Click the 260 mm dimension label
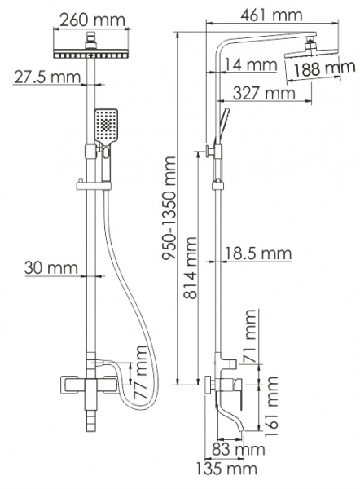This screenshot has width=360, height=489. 93,20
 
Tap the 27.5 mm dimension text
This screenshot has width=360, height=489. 46,77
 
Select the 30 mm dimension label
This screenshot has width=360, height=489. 51,268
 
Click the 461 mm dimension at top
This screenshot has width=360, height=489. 271,15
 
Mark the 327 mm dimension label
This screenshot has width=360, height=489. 264,93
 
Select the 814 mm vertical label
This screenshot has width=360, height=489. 190,268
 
